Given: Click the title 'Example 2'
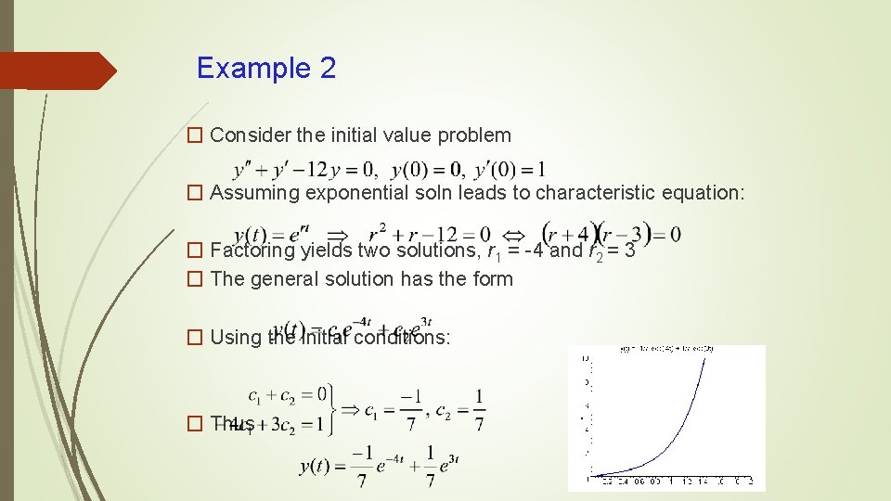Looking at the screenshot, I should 266,68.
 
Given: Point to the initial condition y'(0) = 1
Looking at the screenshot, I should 510,170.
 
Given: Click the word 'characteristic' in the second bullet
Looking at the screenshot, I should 597,193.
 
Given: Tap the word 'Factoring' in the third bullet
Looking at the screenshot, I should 252,250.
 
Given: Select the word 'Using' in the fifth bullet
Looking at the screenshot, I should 236,337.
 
